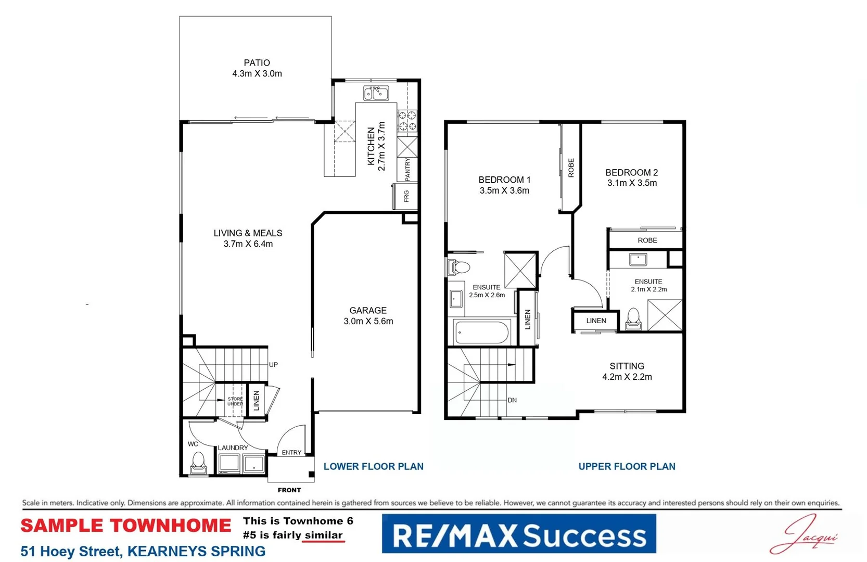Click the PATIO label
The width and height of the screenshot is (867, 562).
(257, 62)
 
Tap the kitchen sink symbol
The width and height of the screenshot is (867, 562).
(376, 94)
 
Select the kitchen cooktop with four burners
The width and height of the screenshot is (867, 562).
(407, 120)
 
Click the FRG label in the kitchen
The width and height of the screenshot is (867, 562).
(406, 196)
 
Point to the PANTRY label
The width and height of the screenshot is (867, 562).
(407, 170)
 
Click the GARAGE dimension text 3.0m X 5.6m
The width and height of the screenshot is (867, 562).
(368, 322)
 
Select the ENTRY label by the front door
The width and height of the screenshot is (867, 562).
(291, 452)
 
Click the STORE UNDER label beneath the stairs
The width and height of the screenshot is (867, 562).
(235, 401)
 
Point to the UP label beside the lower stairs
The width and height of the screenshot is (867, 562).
(273, 365)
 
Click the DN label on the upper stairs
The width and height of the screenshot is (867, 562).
(512, 400)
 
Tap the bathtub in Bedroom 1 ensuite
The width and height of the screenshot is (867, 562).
(482, 333)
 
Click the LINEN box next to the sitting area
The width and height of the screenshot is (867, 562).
(596, 321)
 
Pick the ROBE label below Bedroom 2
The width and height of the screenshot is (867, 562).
(647, 240)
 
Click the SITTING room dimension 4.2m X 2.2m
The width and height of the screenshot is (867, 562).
(627, 377)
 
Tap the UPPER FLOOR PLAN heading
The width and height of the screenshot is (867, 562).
(627, 467)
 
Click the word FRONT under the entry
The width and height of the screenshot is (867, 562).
(289, 490)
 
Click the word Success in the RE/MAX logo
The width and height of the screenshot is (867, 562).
(584, 535)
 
